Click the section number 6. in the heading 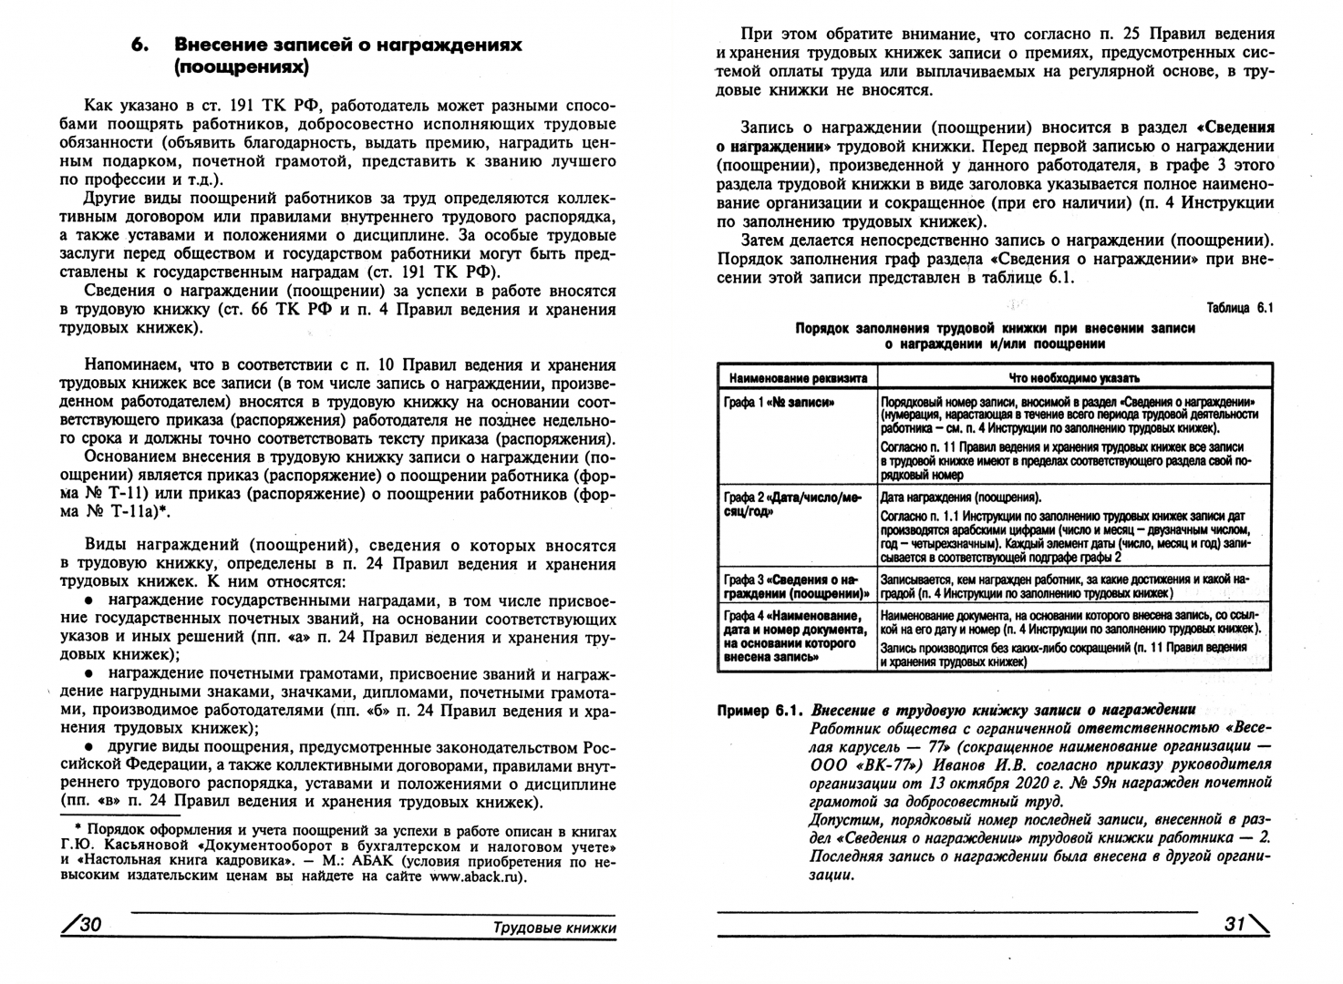point(139,45)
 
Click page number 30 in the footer point(84,925)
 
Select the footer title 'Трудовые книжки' point(554,928)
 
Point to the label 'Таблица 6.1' point(1239,308)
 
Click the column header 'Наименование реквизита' point(796,377)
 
